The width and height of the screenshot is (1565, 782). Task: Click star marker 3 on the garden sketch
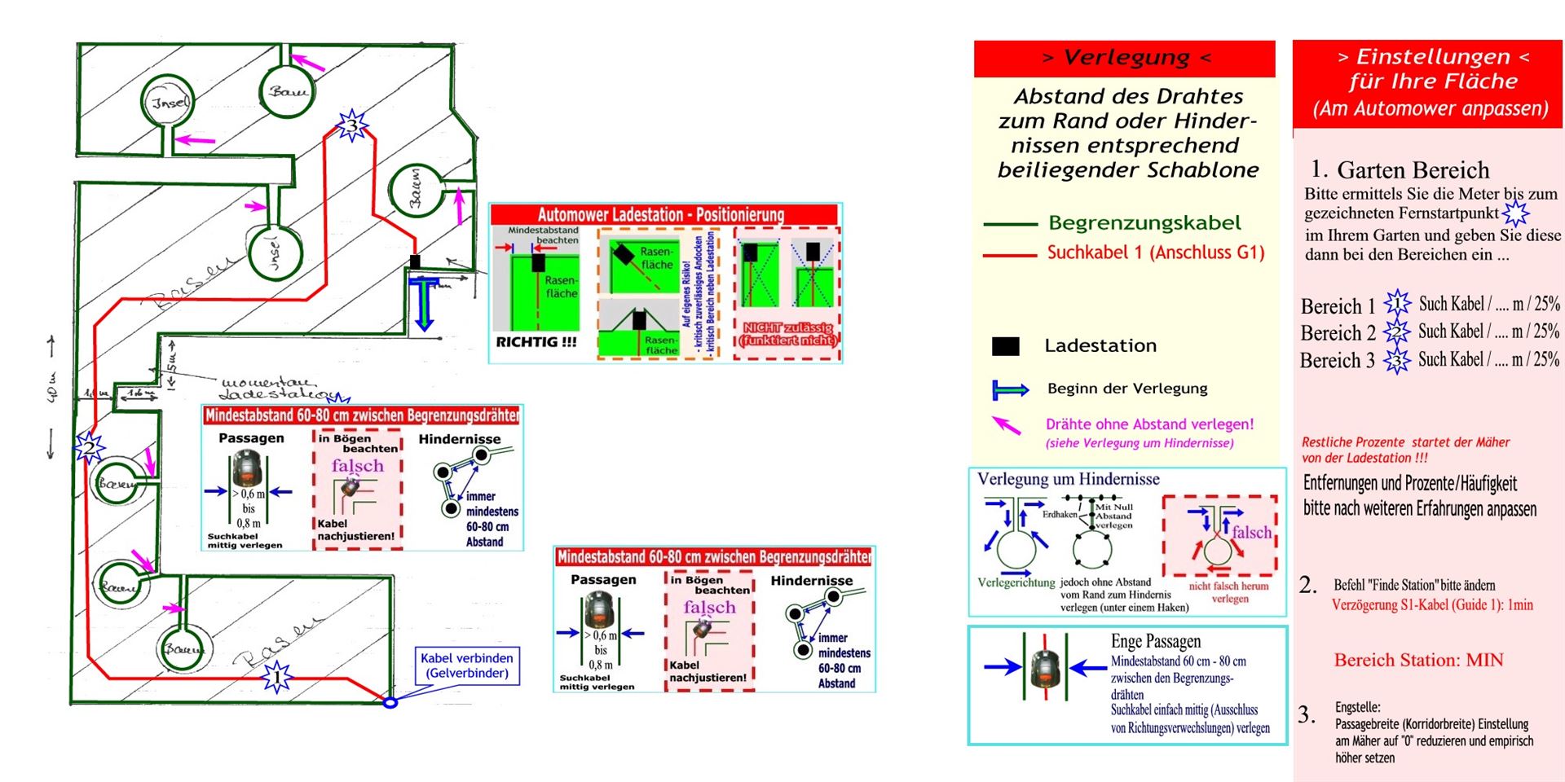[x=351, y=125]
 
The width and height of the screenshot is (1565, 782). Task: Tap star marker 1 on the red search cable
[x=276, y=676]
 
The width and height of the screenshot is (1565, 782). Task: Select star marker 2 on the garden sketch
[x=88, y=447]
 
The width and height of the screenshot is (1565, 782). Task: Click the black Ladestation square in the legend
[x=1005, y=346]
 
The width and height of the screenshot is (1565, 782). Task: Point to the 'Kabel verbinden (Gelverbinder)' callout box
[x=466, y=666]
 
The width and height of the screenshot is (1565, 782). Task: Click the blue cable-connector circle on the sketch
[x=390, y=701]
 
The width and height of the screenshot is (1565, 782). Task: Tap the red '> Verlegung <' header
[x=1124, y=58]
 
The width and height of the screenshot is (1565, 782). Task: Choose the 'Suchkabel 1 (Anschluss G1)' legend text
[x=1155, y=253]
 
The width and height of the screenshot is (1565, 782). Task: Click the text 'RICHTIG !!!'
[x=536, y=342]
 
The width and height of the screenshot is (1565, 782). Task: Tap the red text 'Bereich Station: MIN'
[x=1418, y=660]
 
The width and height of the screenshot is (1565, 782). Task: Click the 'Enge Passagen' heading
[x=1155, y=641]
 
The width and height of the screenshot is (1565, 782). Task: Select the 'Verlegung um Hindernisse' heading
[x=1068, y=479]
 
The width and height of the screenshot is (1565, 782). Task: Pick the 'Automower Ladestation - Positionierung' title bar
[x=662, y=214]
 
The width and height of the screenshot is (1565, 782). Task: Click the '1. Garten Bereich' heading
[x=1400, y=169]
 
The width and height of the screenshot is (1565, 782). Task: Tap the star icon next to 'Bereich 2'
[x=1396, y=332]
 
